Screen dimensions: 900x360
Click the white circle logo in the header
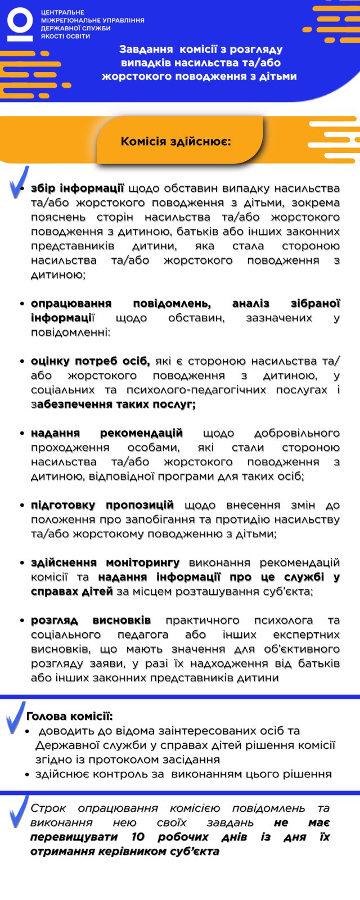click(x=20, y=24)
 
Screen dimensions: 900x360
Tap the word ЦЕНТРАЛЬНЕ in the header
click(x=62, y=12)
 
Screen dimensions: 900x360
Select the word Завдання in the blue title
click(x=146, y=49)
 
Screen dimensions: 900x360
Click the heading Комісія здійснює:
click(x=175, y=141)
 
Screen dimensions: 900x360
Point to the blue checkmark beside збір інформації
click(x=19, y=182)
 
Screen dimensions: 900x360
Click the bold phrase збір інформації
click(x=78, y=188)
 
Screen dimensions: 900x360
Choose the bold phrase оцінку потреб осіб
click(x=91, y=361)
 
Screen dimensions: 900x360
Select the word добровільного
click(x=296, y=433)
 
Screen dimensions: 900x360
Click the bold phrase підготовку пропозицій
click(x=102, y=505)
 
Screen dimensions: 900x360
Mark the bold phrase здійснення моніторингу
click(x=105, y=562)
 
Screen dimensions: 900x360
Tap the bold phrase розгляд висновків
click(x=91, y=620)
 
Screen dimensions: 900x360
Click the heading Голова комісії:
click(x=69, y=716)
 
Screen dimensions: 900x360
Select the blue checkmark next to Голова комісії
click(x=15, y=717)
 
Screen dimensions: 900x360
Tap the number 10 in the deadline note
click(x=138, y=837)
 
